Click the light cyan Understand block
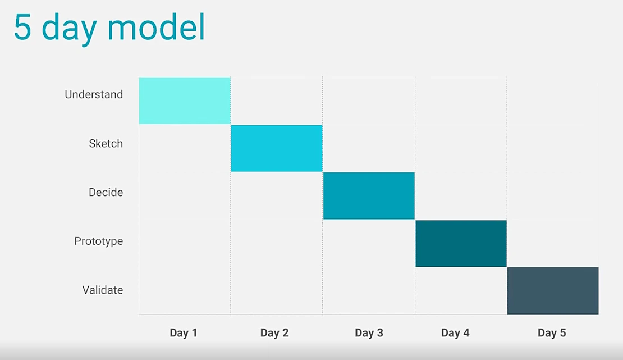(185, 101)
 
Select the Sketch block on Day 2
(277, 148)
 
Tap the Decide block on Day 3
(369, 195)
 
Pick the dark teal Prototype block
(461, 243)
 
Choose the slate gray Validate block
(553, 291)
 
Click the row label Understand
(94, 94)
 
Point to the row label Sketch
(106, 143)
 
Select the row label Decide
(106, 192)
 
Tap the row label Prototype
(99, 241)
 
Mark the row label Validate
(103, 290)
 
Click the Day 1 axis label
(184, 333)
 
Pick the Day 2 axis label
(274, 333)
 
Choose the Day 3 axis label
(369, 333)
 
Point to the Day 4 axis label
(455, 333)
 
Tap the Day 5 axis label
(552, 333)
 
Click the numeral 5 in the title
(22, 27)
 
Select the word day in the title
(69, 30)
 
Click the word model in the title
(156, 26)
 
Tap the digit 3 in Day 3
(380, 332)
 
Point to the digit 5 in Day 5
(562, 332)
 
